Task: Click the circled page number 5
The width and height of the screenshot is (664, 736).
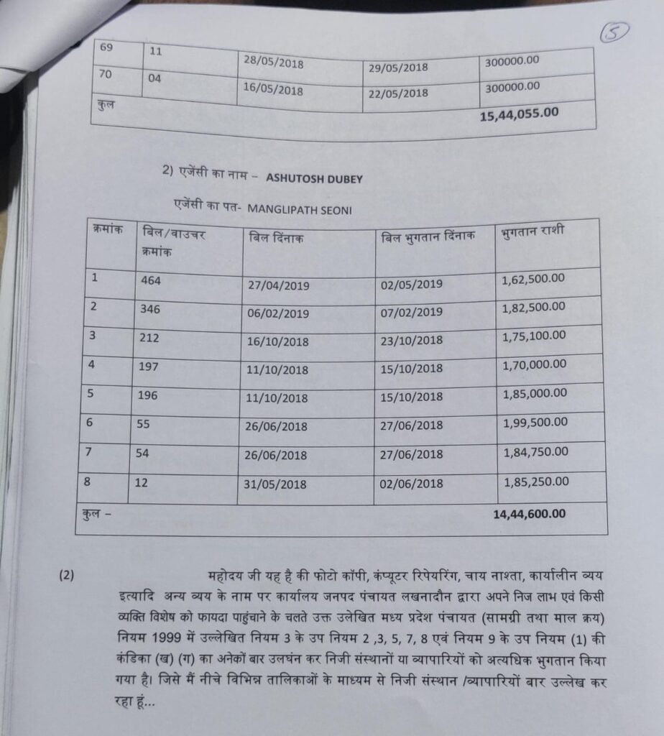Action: click(x=617, y=32)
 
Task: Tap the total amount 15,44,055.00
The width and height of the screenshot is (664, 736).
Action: click(x=519, y=113)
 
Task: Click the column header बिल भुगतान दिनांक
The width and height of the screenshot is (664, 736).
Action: click(x=428, y=236)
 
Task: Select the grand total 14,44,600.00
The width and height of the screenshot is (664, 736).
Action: click(x=529, y=513)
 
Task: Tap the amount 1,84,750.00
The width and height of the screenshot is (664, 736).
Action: click(x=535, y=451)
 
